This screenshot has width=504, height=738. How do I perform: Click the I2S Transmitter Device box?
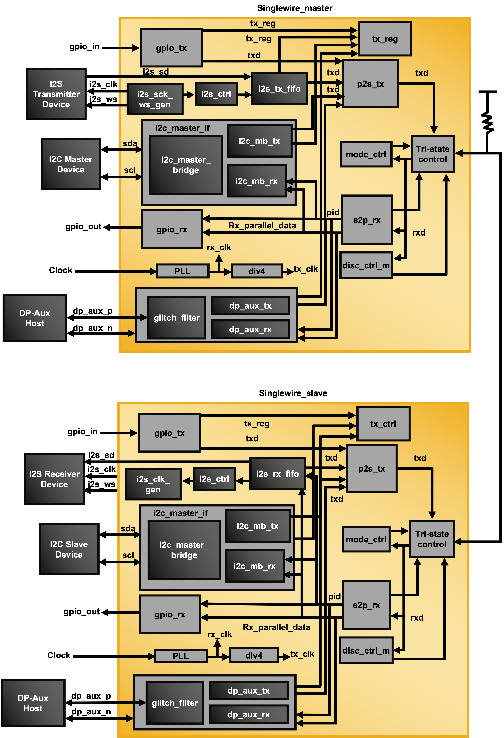(x=56, y=94)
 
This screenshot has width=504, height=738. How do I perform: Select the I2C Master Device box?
(x=70, y=164)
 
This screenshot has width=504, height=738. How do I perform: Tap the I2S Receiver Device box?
(x=54, y=479)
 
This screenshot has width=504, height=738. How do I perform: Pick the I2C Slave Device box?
(x=69, y=549)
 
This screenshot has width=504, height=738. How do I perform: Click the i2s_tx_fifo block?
(x=279, y=89)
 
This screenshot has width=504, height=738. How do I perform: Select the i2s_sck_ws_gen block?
(x=155, y=99)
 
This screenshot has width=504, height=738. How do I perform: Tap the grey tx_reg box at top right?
(x=385, y=39)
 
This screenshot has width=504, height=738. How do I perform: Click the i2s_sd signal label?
(x=156, y=72)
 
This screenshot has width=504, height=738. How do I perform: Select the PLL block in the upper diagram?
(x=182, y=271)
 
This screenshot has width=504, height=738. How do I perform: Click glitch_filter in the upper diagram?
(x=176, y=318)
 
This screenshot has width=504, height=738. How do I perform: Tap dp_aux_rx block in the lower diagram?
(x=249, y=714)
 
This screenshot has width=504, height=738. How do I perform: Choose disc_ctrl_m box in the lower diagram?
(x=366, y=650)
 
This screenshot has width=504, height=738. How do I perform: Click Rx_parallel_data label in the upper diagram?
(x=262, y=226)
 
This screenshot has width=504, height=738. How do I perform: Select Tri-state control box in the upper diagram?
(x=433, y=154)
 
